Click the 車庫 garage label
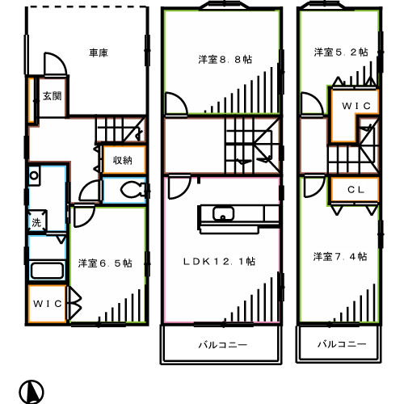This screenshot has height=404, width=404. (98, 53)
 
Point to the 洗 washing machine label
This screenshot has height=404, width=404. (36, 222)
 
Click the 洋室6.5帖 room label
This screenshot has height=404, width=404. (105, 263)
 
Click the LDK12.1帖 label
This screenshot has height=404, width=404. (219, 261)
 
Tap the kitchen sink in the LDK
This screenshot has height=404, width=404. (222, 214)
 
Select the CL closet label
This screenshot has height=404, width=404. (355, 191)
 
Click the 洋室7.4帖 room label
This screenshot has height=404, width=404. (340, 256)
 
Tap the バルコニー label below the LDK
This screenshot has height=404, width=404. (222, 344)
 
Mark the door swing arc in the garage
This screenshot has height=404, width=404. (52, 65)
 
